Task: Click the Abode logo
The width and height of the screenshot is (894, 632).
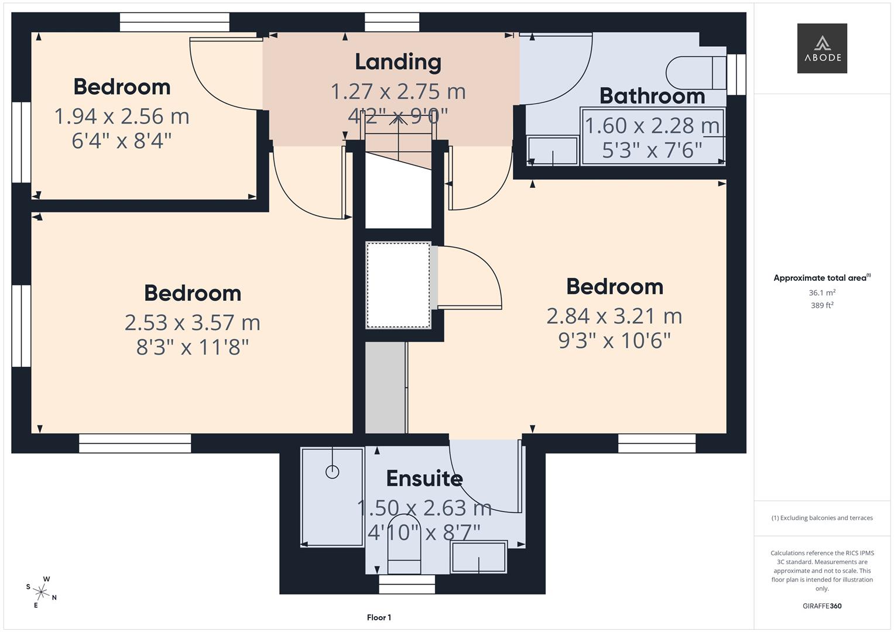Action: pyautogui.click(x=821, y=49)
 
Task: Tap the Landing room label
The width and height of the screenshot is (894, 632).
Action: pyautogui.click(x=398, y=62)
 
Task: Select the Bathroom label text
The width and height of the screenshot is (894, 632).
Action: pyautogui.click(x=652, y=96)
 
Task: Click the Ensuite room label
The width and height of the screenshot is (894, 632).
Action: pyautogui.click(x=424, y=479)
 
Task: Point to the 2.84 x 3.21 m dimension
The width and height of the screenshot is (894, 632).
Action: pyautogui.click(x=614, y=316)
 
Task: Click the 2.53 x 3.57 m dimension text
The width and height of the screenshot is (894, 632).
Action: pyautogui.click(x=192, y=322)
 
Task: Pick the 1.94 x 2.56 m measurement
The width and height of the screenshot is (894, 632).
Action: pyautogui.click(x=122, y=116)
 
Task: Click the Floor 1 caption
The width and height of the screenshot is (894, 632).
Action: pyautogui.click(x=379, y=617)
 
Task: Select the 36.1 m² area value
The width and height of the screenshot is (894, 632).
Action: pyautogui.click(x=821, y=293)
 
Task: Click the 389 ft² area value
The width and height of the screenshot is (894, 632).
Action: pyautogui.click(x=821, y=305)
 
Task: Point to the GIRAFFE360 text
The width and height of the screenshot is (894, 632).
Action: pyautogui.click(x=821, y=606)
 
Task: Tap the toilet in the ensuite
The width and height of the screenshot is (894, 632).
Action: pyautogui.click(x=405, y=544)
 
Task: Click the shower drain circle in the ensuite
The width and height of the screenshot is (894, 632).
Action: pyautogui.click(x=332, y=472)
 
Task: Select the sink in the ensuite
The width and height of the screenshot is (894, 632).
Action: pyautogui.click(x=478, y=557)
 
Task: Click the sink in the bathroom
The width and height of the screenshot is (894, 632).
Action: pyautogui.click(x=552, y=151)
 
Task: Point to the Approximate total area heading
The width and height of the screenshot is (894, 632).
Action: pyautogui.click(x=821, y=278)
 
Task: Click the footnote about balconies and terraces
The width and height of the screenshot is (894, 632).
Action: pyautogui.click(x=821, y=518)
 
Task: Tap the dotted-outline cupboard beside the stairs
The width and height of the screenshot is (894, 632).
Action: pyautogui.click(x=398, y=285)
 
